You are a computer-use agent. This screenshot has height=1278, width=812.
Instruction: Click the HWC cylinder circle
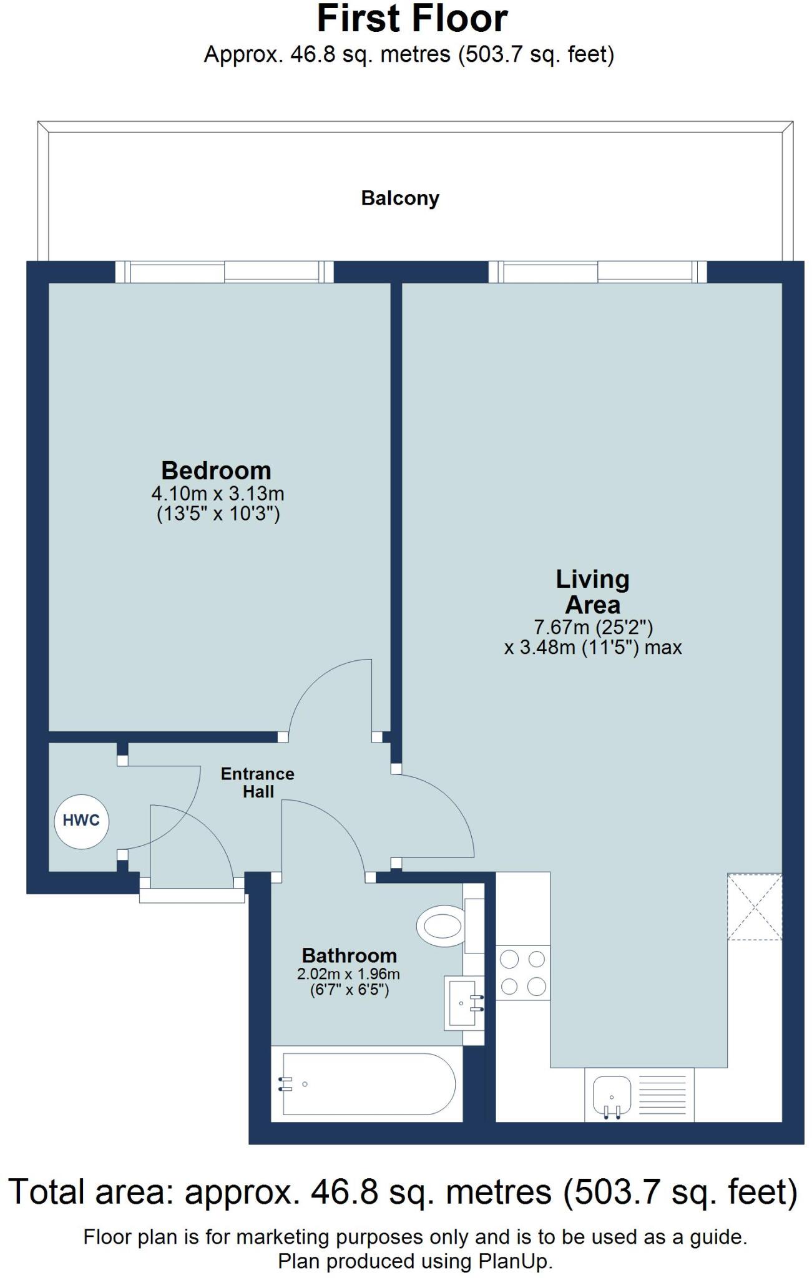point(82,821)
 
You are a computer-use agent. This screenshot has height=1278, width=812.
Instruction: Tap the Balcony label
point(400,198)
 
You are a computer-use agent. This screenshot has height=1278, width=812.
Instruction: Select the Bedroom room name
point(216,470)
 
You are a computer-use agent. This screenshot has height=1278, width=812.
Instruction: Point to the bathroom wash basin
point(462,1003)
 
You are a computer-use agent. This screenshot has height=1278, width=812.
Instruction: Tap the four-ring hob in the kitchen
point(523,972)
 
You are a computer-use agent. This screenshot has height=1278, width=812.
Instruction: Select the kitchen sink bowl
point(611,1095)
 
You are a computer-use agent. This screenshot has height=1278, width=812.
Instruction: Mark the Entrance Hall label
point(258,783)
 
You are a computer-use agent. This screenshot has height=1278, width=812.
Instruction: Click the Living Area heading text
point(592,592)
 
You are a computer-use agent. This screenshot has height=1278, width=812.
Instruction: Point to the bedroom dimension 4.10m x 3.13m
point(218,494)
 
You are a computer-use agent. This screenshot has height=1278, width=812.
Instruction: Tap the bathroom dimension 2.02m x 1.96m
point(349,974)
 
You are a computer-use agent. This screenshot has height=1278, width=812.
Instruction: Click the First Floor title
point(412,19)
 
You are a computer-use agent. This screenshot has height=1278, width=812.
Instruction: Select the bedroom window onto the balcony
point(225,272)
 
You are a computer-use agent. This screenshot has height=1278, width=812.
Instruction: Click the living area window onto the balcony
point(597,272)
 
